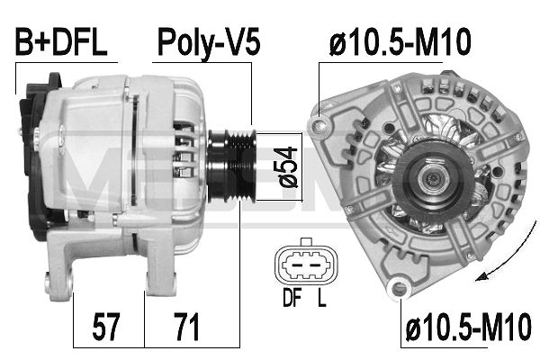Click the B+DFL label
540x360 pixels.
pos(61,41)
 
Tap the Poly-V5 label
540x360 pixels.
pos(209,41)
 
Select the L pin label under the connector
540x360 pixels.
pos(320,296)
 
